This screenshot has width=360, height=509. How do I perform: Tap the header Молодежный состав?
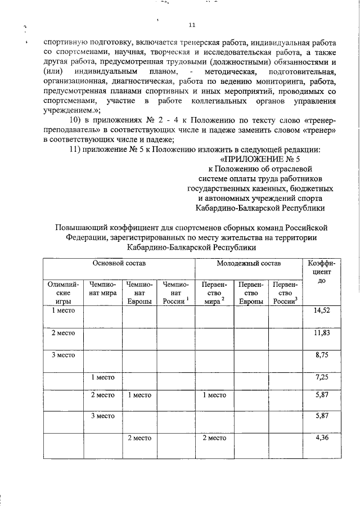(x=249, y=263)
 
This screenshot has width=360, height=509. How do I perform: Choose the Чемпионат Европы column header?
(x=139, y=294)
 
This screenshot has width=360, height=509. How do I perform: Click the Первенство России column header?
(x=286, y=294)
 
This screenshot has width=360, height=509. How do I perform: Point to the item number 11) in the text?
(x=75, y=149)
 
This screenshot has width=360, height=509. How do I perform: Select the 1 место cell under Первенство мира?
(x=214, y=395)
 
